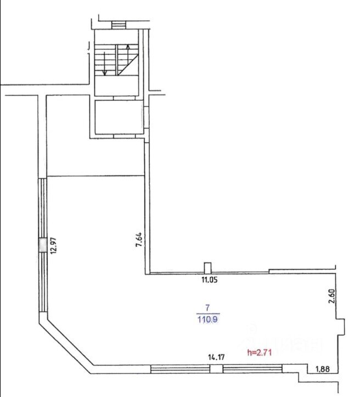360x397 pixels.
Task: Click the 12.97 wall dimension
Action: pos(55,245)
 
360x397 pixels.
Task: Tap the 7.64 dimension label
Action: pos(139,239)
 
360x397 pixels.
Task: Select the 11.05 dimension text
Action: pos(210,280)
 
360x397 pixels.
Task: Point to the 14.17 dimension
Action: pos(216,357)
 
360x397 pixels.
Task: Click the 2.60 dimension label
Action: pos(332,296)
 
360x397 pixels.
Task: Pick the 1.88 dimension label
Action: pos(323,369)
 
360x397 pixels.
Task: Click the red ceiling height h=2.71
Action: pos(260,353)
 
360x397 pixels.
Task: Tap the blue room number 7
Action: pos(207,308)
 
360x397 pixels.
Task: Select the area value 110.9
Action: pos(207,320)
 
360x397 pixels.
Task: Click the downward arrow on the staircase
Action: pos(104,64)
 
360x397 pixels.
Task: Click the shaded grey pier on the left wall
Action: pos(43,245)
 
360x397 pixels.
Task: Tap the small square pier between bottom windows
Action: pos(216,369)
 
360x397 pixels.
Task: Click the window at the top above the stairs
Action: pos(119,25)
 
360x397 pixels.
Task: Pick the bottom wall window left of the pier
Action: pos(181,369)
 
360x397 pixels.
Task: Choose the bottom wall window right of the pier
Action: pos(252,369)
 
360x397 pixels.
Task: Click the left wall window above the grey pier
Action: pos(43,208)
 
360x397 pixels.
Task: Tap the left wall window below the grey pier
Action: pos(43,282)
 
